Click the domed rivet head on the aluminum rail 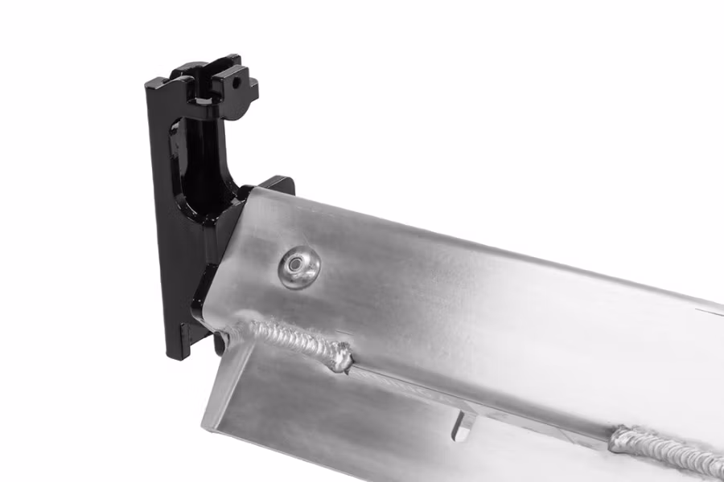pos(299,266)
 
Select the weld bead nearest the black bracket pos(298,341)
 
